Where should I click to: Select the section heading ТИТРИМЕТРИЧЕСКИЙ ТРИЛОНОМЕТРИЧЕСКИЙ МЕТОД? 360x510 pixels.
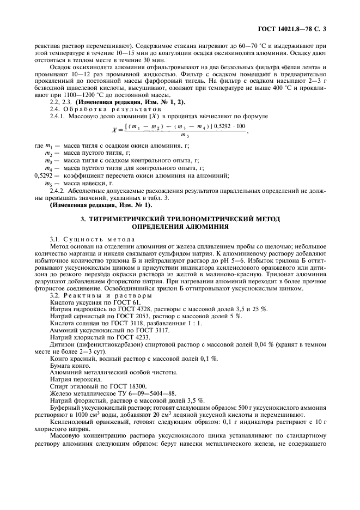click(x=180, y=218)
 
